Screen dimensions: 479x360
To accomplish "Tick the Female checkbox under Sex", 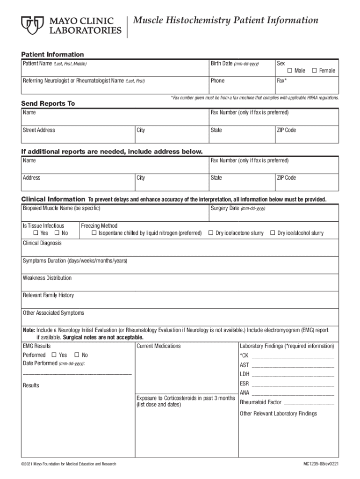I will point(315,71).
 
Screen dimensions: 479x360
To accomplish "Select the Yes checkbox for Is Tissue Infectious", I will point(36,233).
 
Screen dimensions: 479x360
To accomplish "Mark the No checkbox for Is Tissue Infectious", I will point(57,233).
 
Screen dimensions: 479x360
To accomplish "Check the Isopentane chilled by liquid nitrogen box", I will point(94,233).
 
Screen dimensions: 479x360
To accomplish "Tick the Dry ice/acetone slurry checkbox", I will point(211,233).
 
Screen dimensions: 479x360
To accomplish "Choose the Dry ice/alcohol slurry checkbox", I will point(273,233).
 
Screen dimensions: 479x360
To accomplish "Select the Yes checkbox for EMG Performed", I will point(54,355).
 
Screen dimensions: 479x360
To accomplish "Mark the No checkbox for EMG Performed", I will point(77,355).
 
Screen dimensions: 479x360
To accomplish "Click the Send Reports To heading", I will point(48,103).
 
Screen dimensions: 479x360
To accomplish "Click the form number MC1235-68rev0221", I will point(320,464).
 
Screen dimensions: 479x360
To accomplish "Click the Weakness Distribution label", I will point(47,278).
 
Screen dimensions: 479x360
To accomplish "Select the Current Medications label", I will point(158,346).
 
